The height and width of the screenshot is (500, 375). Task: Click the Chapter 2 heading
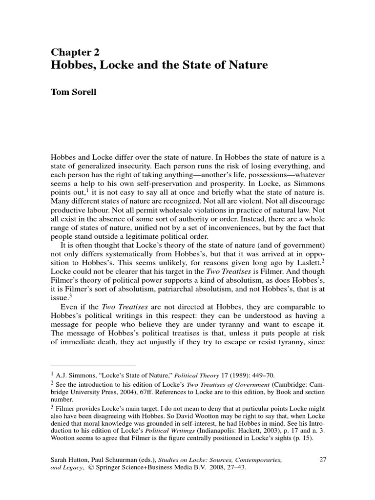click(x=76, y=52)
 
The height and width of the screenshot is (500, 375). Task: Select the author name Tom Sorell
click(x=74, y=92)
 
